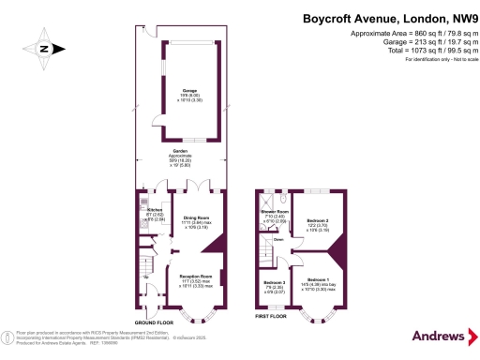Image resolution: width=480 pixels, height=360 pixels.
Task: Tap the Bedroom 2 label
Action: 319,219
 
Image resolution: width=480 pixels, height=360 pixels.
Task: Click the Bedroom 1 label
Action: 317,278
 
